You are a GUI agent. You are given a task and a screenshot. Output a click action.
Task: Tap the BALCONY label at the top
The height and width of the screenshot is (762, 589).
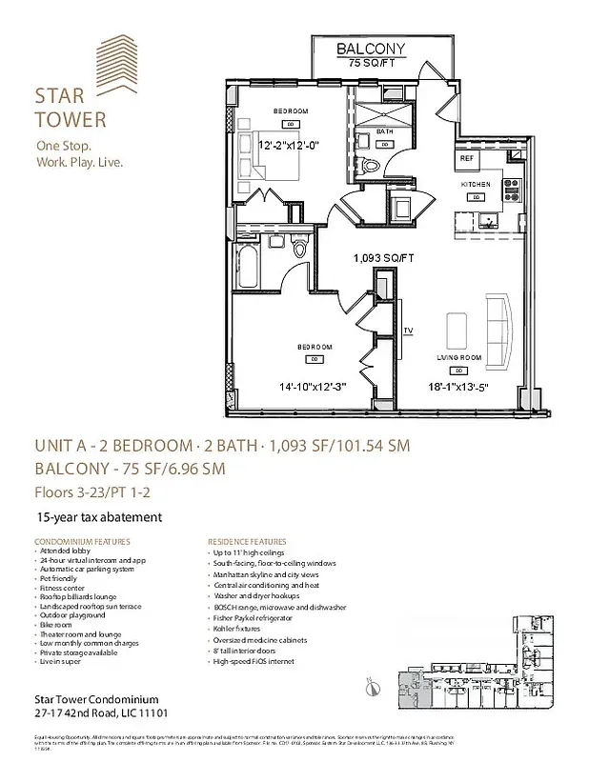pos(371,50)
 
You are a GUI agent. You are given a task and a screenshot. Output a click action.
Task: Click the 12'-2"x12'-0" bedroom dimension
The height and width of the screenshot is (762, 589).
pos(295,146)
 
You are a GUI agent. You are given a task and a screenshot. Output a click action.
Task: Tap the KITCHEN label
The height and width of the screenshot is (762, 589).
pos(476,183)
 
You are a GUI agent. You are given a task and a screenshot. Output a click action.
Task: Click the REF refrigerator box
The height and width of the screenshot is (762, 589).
pos(467,158)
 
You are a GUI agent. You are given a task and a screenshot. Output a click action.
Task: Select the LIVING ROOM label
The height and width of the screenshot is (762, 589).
pos(459,356)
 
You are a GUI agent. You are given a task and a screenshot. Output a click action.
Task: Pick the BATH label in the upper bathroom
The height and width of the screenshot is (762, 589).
pos(384,131)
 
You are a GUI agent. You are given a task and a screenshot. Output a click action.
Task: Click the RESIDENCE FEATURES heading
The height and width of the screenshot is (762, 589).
pos(245,541)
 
